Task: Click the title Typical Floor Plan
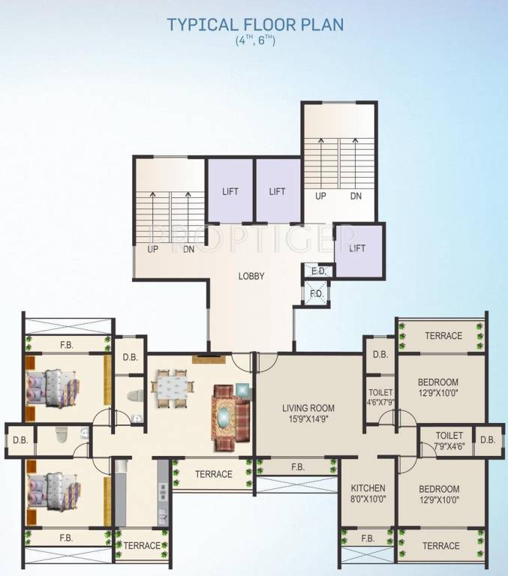point(255,24)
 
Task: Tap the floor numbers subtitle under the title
point(255,41)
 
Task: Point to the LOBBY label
point(251,276)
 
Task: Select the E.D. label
point(317,271)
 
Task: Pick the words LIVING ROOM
point(308,408)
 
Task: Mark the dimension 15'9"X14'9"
point(308,419)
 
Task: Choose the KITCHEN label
point(368,488)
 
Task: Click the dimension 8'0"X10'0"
point(368,499)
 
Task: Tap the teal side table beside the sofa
point(242,388)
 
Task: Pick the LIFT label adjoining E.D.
point(358,248)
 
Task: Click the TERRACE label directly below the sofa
point(213,474)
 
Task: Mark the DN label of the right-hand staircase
point(355,196)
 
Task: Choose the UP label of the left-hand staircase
point(152,250)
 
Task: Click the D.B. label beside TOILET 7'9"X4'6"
point(488,439)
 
